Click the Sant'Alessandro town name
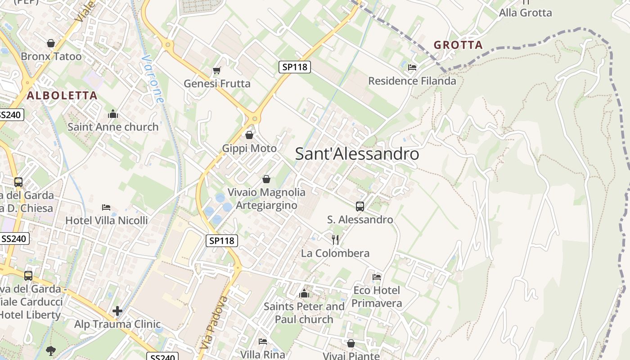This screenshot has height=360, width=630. pos(357,154)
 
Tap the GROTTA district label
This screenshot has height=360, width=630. pos(458,45)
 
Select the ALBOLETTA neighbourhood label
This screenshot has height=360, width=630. pos(62,95)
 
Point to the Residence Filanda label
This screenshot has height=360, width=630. pos(412,81)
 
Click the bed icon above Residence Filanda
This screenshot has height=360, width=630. pos(412,67)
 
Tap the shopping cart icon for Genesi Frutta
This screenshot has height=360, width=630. pos(216,71)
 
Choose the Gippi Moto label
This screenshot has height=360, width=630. pos(249,148)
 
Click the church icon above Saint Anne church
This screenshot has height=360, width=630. pos(113,114)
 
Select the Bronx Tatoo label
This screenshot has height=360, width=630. pos(51,56)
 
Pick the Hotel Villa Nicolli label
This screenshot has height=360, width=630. pos(107,220)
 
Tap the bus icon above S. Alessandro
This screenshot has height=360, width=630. pos(360,207)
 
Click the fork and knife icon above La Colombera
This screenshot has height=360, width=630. pos(335,239)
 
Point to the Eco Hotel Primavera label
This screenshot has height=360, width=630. pos(377,297)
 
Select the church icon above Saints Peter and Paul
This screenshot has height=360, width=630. pos(304,294)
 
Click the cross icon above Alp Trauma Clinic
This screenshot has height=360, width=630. pos(117,311)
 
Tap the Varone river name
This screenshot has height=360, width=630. pos(152,79)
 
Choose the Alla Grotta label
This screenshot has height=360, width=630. pos(525,13)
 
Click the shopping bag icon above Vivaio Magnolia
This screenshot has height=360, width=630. pos(266,179)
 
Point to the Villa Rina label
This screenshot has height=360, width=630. pos(263,354)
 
